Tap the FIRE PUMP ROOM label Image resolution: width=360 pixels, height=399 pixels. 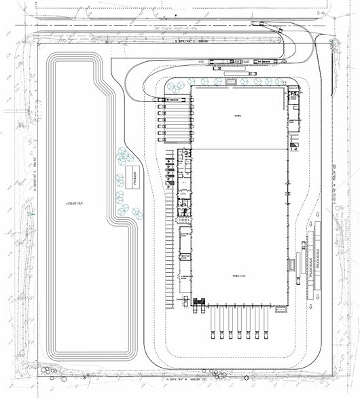pos(184,255)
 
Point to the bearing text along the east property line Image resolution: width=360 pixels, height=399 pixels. pos(334,183)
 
